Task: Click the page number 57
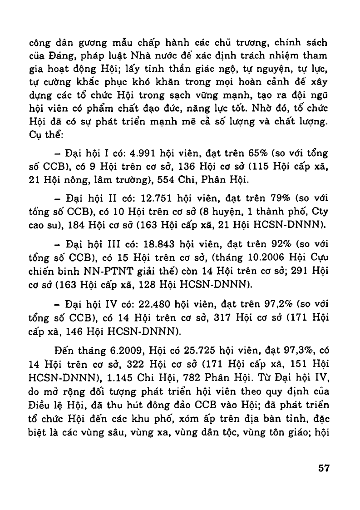323,468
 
